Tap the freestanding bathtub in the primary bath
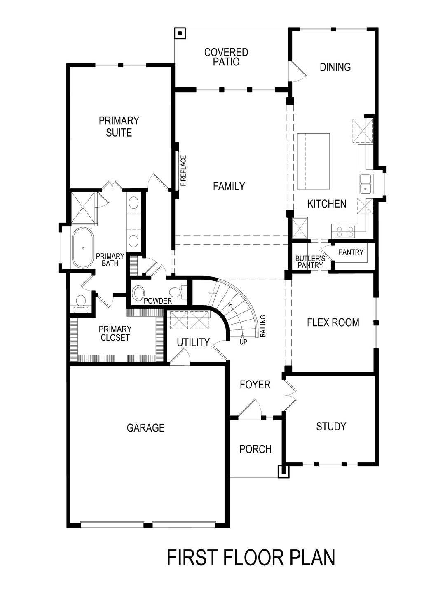[83, 248]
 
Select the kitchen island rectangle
[314, 161]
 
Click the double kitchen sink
[365, 184]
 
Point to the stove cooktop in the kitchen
[344, 232]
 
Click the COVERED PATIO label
[226, 57]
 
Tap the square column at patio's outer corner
[180, 33]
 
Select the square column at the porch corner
[284, 471]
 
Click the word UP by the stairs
[243, 341]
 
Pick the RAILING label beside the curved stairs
[263, 327]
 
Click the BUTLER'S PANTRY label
[310, 262]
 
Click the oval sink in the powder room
[138, 293]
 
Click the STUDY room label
[331, 426]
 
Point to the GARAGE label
[145, 428]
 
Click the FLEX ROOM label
[333, 322]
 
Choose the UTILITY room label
[193, 342]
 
